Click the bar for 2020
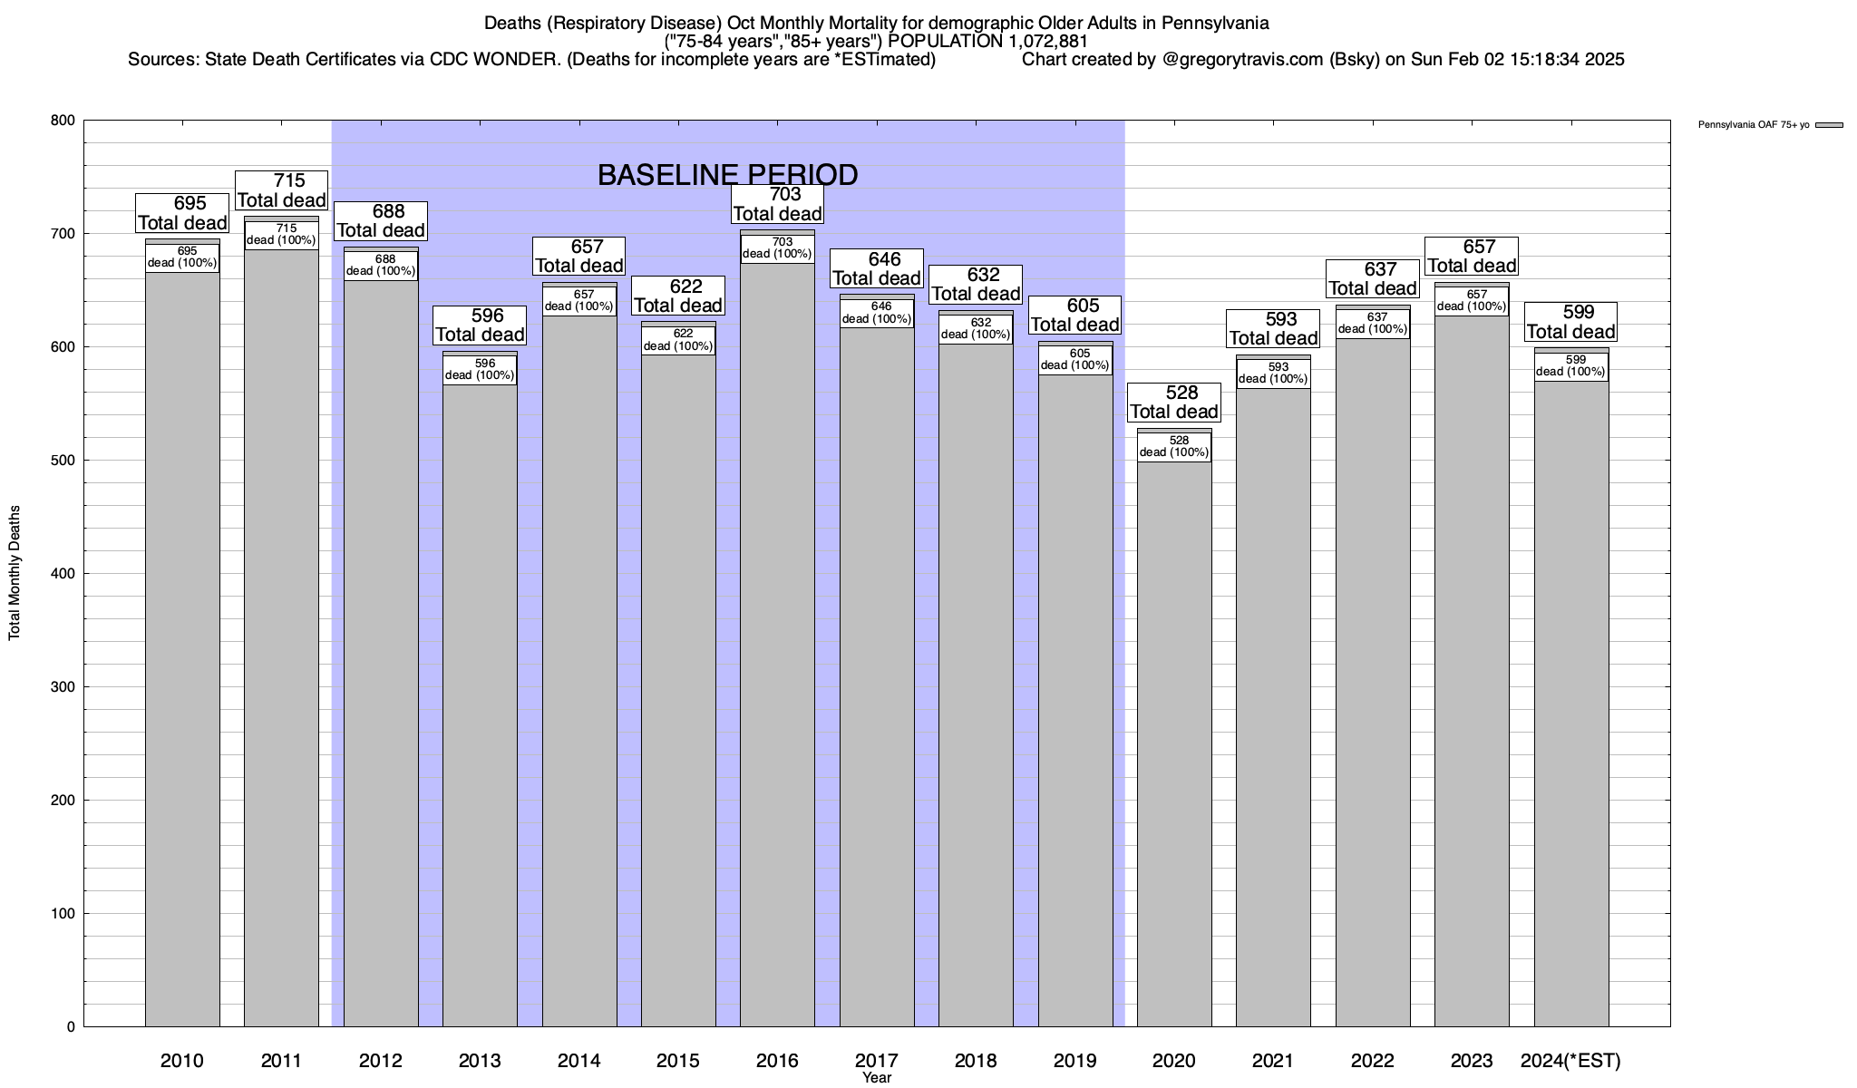(x=1174, y=743)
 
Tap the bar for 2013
(x=480, y=707)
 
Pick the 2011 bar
(x=281, y=635)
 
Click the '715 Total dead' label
(x=281, y=190)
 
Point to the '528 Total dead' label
(x=1174, y=403)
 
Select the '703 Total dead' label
(x=777, y=204)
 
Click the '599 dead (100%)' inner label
(x=1571, y=366)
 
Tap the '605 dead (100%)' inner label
(x=1075, y=360)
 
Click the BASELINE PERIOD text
(x=727, y=175)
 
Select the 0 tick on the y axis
(x=71, y=1027)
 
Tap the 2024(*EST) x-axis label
(x=1570, y=1061)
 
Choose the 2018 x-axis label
(x=976, y=1061)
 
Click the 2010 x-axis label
(x=182, y=1061)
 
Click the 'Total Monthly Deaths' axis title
(x=15, y=573)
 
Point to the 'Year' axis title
(x=877, y=1078)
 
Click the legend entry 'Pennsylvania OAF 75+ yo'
(x=1754, y=125)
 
